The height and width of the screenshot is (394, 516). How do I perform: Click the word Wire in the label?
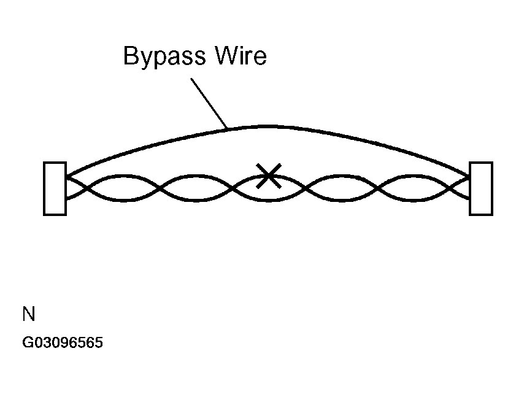coord(241,55)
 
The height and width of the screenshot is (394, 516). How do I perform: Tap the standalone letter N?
coord(29,314)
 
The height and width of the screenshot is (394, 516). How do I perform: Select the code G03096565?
coord(63,342)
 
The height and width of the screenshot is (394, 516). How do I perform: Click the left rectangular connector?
coord(55,188)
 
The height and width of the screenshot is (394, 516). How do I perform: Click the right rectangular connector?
coord(481,188)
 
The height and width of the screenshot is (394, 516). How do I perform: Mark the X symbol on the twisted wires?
coord(269,176)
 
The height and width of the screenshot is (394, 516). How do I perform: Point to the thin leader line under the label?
coord(209,103)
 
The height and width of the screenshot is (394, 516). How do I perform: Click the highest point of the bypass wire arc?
coord(268,126)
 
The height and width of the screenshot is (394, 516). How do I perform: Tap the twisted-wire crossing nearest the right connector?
coord(450,188)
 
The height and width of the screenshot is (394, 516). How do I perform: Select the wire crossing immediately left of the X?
coord(233,188)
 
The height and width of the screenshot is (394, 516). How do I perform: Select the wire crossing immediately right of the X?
coord(306,188)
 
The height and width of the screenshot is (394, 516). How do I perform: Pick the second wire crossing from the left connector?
coord(160,188)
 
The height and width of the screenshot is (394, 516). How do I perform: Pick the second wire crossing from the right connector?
coord(378,188)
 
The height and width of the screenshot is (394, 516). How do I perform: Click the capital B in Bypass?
coord(130,55)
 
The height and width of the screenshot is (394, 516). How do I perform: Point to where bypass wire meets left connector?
coord(67,176)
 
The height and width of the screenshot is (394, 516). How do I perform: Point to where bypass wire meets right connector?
coord(468,176)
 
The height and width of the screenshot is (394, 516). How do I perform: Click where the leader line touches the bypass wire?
coord(227,128)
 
